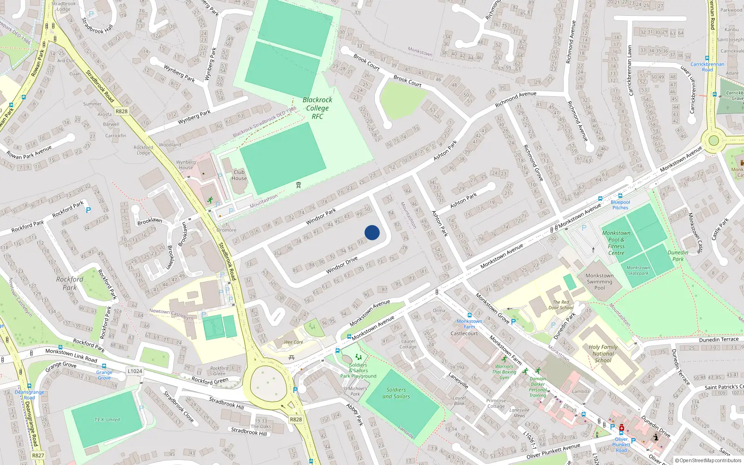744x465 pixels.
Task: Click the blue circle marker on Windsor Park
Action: pyautogui.click(x=372, y=232)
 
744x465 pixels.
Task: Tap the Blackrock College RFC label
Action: pyautogui.click(x=318, y=108)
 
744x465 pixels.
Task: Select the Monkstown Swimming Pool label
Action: pyautogui.click(x=599, y=281)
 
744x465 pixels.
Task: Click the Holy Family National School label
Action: pyautogui.click(x=603, y=353)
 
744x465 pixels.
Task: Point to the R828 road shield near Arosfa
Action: pyautogui.click(x=121, y=111)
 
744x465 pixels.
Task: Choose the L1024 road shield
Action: pyautogui.click(x=135, y=371)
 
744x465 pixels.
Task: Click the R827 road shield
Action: pyautogui.click(x=38, y=455)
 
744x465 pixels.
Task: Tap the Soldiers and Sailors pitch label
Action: pyautogui.click(x=396, y=393)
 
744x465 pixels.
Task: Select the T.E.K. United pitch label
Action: pyautogui.click(x=107, y=419)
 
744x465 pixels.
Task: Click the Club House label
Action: pyautogui.click(x=239, y=175)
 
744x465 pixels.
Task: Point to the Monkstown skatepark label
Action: pyautogui.click(x=638, y=270)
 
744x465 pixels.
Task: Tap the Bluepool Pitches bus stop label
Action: pyautogui.click(x=620, y=205)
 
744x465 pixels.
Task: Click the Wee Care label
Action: pyautogui.click(x=293, y=342)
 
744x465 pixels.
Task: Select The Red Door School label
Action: pyautogui.click(x=561, y=305)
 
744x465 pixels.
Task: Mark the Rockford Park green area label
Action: pyautogui.click(x=70, y=283)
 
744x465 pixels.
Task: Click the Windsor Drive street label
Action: pyautogui.click(x=342, y=266)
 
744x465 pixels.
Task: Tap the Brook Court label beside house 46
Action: pyautogui.click(x=407, y=81)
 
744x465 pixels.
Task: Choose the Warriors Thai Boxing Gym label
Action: pyautogui.click(x=504, y=372)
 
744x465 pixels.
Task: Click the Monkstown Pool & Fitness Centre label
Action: pyautogui.click(x=616, y=243)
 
